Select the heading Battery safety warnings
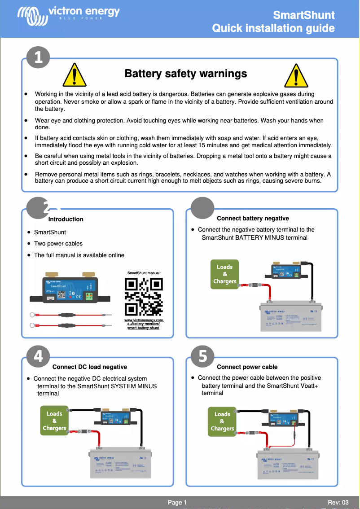click(x=186, y=74)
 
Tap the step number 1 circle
click(x=38, y=57)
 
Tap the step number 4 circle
click(x=38, y=356)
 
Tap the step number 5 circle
click(x=202, y=356)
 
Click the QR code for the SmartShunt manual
click(x=144, y=296)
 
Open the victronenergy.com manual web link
click(x=144, y=324)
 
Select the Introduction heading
click(x=66, y=219)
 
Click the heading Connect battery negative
click(x=253, y=219)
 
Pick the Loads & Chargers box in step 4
click(x=54, y=421)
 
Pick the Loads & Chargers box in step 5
click(x=222, y=421)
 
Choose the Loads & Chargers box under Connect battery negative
click(x=225, y=274)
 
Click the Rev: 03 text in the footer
click(x=338, y=502)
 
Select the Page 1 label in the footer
click(x=177, y=502)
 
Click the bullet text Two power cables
click(x=58, y=244)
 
